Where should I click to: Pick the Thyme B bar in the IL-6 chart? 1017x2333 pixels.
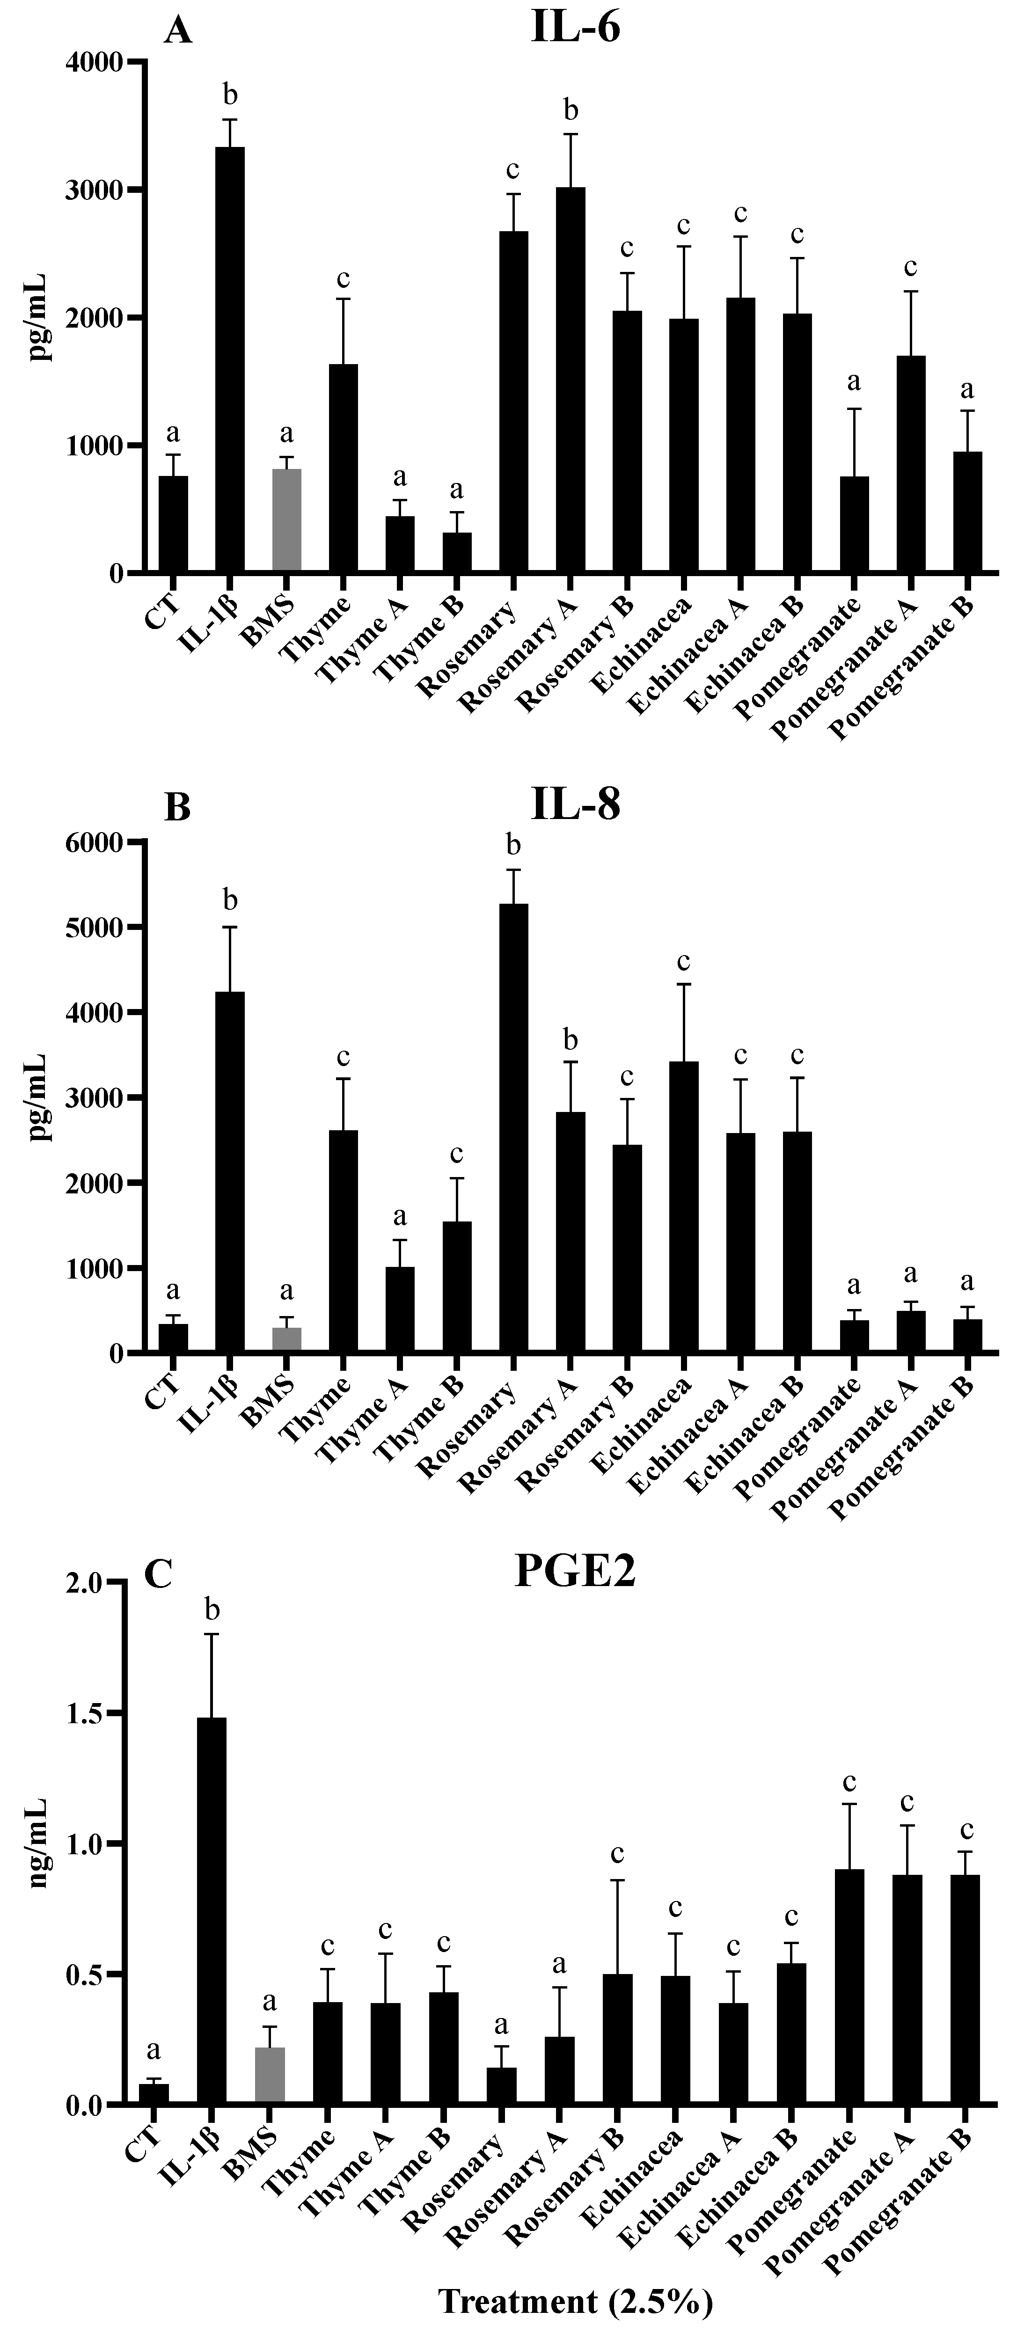[456, 552]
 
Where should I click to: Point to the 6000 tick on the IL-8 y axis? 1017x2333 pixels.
[100, 842]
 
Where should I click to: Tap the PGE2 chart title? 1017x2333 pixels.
[575, 1572]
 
